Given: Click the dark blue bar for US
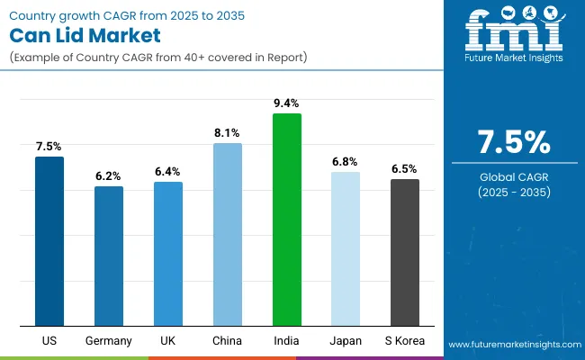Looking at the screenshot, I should coord(49,241).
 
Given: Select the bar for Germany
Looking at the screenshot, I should coord(109,256).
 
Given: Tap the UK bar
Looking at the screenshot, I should coord(168,254).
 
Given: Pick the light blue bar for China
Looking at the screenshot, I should coord(228,234).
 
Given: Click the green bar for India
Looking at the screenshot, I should coord(287,220).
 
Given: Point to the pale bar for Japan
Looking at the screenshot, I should coord(346,248).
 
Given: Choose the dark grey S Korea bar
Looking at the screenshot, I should coord(405,252).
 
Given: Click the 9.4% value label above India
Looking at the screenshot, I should coord(287,103).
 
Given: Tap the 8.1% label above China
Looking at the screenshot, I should coord(228,133).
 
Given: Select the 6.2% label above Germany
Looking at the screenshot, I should coord(109,176).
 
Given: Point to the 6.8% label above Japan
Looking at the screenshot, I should coord(346,162).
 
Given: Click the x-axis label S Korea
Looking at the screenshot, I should coord(405,341).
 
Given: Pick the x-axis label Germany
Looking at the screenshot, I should coord(109,341).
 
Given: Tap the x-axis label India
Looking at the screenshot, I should coord(287,341).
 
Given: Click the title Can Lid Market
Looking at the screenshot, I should coord(86,36).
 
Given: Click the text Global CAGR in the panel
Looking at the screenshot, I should coord(513,175).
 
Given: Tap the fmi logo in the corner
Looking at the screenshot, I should coord(513,36).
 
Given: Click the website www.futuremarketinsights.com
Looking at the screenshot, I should coord(511,345).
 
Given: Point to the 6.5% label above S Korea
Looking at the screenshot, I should coord(405,169).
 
